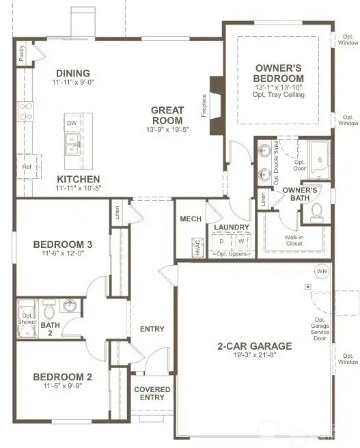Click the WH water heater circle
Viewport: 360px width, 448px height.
point(321,271)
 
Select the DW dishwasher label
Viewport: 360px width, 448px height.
point(72,124)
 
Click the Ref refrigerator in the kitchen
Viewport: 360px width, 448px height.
point(27,166)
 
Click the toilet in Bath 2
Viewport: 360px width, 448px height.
point(49,312)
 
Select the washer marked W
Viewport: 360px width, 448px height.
point(240,242)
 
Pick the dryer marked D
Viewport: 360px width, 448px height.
point(221,242)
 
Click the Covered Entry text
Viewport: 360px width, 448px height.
point(152,393)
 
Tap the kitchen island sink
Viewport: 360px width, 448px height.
point(72,143)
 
